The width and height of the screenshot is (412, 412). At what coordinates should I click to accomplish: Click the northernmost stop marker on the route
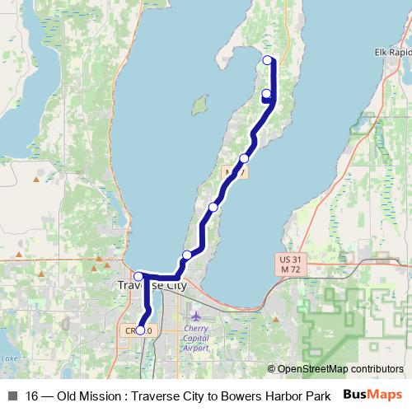(x=267, y=59)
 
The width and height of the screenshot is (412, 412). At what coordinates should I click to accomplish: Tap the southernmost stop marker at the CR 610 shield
(x=140, y=330)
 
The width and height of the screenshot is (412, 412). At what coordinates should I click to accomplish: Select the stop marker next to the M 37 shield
(x=244, y=158)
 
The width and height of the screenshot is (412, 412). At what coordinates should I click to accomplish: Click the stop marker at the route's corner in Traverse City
(x=139, y=277)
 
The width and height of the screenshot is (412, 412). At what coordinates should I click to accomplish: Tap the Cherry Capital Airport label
(x=197, y=337)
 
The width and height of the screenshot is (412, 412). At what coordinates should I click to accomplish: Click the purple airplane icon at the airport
(x=195, y=316)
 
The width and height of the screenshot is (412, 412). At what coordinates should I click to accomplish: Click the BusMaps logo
(x=372, y=395)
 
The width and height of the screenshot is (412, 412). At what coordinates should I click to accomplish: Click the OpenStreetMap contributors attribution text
(x=335, y=369)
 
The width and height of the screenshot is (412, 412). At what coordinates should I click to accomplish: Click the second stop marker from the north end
(x=266, y=94)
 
